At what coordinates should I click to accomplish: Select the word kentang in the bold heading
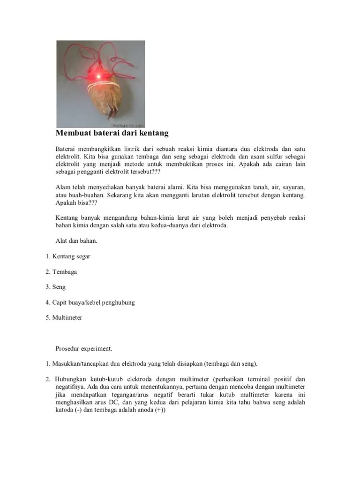pos(153,134)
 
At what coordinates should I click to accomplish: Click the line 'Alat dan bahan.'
pos(76,241)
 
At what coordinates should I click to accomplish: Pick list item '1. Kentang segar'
pos(68,256)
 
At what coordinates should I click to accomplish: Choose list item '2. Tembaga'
pos(61,272)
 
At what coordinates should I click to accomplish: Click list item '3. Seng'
pos(56,287)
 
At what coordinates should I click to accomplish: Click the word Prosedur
pos(68,348)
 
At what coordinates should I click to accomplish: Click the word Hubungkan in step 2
pos(70,379)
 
